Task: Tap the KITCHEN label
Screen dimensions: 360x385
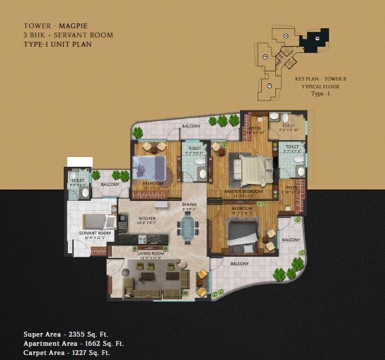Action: tap(147, 219)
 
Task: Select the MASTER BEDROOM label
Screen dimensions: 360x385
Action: tap(243, 191)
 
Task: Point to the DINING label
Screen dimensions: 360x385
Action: tap(189, 204)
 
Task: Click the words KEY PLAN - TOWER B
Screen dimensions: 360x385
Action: tap(321, 79)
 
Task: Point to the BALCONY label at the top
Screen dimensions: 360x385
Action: tap(190, 127)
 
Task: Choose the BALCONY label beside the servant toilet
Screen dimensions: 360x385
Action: tap(110, 185)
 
